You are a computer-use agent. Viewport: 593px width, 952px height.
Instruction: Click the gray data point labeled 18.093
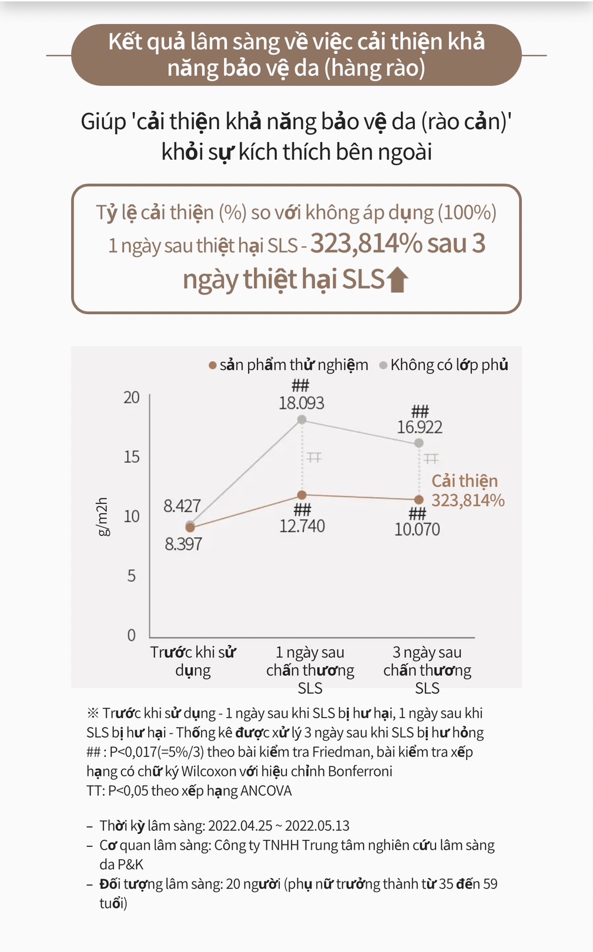point(301,419)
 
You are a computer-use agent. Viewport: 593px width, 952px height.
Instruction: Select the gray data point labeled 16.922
point(418,443)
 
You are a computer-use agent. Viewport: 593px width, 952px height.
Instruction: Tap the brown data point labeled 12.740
point(301,495)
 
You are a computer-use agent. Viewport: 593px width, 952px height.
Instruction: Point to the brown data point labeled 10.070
point(418,500)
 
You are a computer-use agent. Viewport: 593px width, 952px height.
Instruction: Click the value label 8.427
point(182,506)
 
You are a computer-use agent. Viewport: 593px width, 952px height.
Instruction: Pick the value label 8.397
point(183,544)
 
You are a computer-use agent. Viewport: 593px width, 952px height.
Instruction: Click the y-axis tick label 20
point(132,398)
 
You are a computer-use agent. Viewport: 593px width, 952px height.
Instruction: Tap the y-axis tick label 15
point(132,457)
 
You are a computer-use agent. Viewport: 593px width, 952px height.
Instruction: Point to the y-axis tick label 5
point(132,576)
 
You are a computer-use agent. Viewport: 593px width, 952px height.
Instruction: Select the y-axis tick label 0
point(132,635)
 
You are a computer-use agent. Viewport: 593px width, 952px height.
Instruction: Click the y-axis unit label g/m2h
point(102,516)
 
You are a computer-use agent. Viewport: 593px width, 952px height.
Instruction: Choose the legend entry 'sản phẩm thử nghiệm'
point(293,365)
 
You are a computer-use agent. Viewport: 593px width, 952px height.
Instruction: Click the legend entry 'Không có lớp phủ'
point(449,365)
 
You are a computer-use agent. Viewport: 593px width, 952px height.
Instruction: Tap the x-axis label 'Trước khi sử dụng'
point(193,661)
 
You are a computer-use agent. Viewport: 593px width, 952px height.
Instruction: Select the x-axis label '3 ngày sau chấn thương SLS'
point(427,670)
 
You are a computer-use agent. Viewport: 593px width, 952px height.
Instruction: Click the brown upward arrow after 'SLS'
point(397,279)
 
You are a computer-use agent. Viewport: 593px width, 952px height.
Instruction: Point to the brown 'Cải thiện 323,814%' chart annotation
point(468,490)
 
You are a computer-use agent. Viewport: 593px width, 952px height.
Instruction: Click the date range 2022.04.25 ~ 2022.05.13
point(279,826)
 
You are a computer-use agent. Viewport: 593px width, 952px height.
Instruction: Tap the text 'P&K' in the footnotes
point(129,864)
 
